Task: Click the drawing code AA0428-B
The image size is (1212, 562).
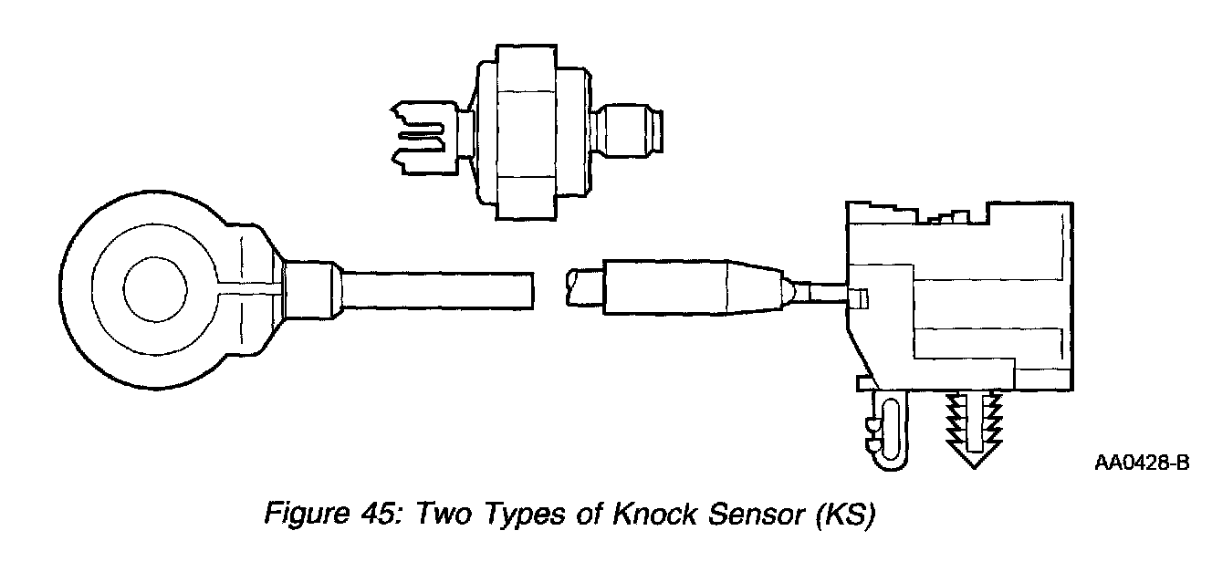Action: [x=1141, y=463]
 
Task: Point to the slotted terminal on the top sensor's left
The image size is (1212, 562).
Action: [x=424, y=139]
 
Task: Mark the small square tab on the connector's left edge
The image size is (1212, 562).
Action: [x=858, y=297]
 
